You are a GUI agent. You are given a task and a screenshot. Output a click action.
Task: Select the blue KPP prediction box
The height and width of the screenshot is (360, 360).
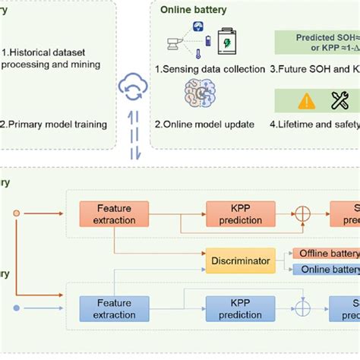pos(236,309)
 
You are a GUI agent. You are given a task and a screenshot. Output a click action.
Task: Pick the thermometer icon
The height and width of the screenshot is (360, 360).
pos(196,52)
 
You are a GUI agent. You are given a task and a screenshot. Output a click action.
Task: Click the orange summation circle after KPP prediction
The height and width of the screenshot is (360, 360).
pos(302,212)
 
